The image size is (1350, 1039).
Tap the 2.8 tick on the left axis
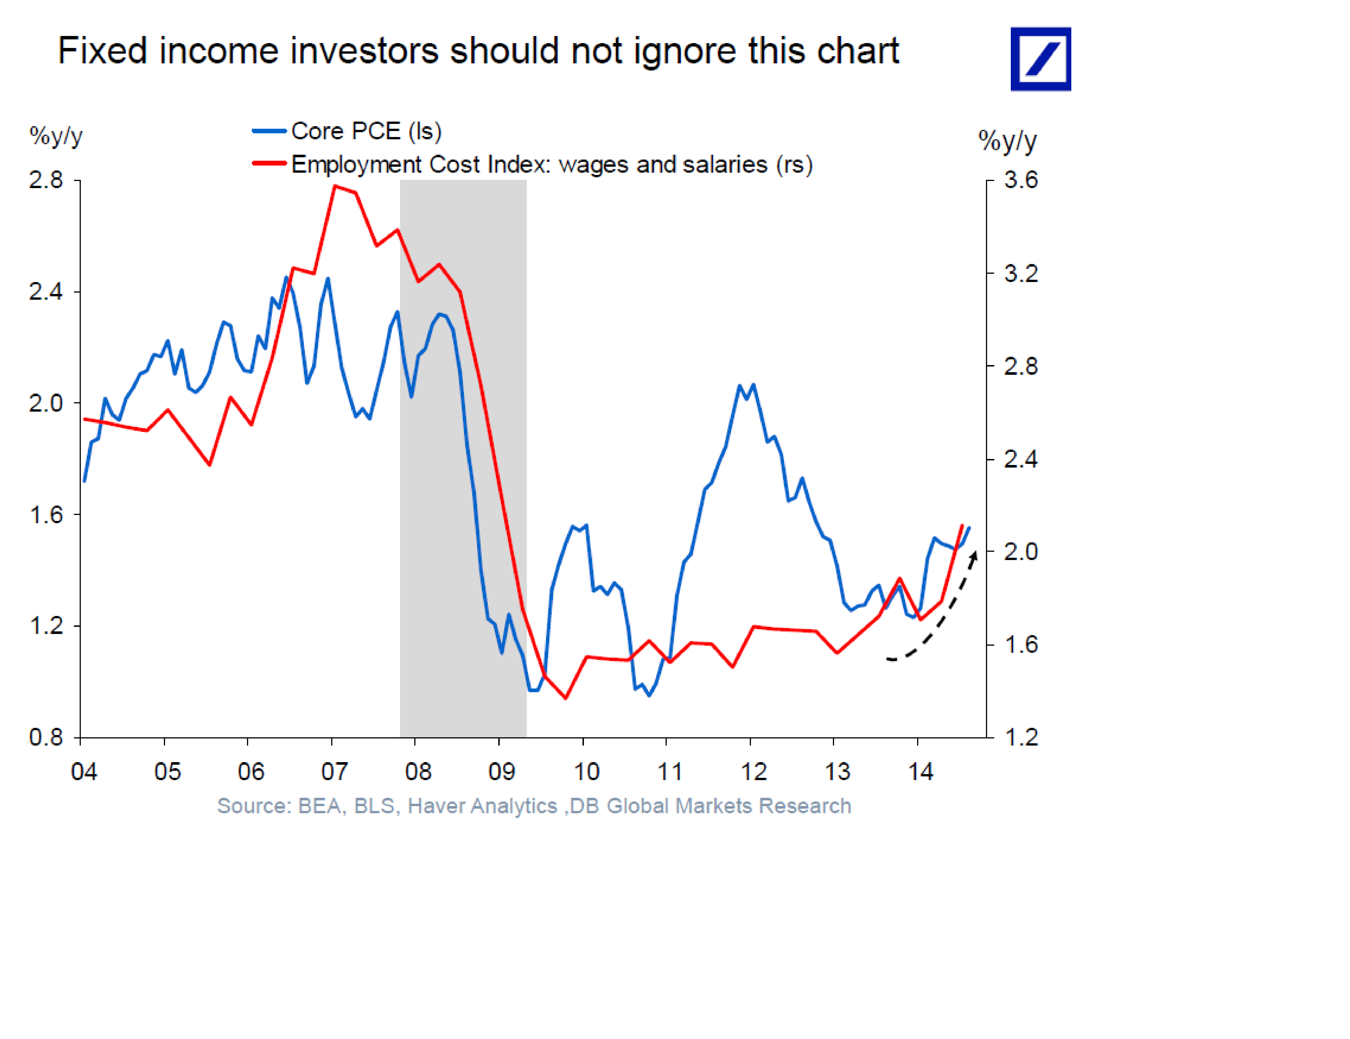click(46, 180)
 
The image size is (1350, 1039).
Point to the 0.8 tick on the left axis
click(46, 737)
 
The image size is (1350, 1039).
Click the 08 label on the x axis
click(418, 771)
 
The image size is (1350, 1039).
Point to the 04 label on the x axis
click(84, 771)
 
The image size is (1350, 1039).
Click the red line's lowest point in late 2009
click(566, 698)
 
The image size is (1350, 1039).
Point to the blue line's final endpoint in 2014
click(969, 528)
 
